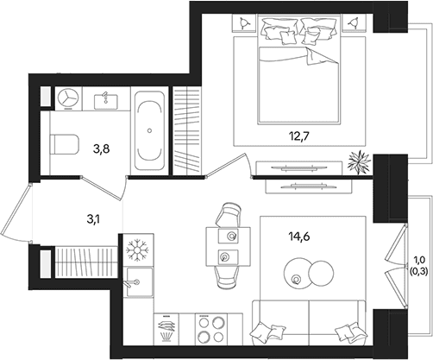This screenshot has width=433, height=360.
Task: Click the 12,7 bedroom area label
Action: coord(299,136)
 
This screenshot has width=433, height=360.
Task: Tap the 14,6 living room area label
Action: coord(299,237)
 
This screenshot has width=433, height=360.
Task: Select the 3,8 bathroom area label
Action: coord(102,149)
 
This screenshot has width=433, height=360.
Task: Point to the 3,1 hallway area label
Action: coord(94,219)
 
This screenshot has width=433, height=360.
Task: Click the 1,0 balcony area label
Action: coord(419,260)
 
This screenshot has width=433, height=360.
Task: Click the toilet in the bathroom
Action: coord(65,144)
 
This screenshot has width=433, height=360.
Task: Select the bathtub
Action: coord(149,130)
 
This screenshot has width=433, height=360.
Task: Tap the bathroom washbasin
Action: coord(106,101)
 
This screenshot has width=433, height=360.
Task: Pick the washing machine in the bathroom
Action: coord(68,98)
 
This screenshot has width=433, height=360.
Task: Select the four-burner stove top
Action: coord(211,329)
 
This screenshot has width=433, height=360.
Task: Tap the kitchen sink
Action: coord(140,282)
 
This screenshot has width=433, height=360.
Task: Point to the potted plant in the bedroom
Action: coord(358,162)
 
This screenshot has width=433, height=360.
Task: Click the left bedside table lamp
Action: coord(244,22)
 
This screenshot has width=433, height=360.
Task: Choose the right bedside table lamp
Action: coord(355,22)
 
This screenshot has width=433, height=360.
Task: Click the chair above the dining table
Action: coord(228,215)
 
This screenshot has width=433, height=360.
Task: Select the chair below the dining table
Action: coord(228,277)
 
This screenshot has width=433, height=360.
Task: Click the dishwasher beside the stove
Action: coord(166,329)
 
